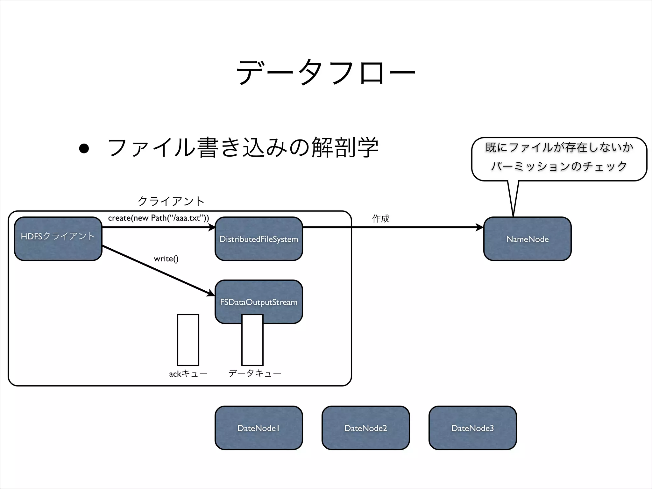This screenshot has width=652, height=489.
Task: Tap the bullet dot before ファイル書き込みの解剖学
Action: pyautogui.click(x=84, y=148)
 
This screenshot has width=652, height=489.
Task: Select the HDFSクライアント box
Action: pyautogui.click(x=58, y=239)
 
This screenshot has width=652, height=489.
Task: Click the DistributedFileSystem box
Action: pyautogui.click(x=259, y=239)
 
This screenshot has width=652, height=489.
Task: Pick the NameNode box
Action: pyautogui.click(x=527, y=239)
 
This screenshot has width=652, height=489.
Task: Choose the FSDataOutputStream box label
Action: pyautogui.click(x=259, y=302)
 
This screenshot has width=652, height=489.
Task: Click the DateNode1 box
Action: pyautogui.click(x=259, y=428)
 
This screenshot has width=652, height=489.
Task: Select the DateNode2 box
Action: pyautogui.click(x=365, y=428)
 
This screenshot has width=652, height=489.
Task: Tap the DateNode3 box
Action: pyautogui.click(x=472, y=428)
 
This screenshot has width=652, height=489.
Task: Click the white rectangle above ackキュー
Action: pyautogui.click(x=188, y=340)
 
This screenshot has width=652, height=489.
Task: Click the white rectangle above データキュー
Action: pyautogui.click(x=252, y=344)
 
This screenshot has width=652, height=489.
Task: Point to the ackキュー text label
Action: pyautogui.click(x=188, y=373)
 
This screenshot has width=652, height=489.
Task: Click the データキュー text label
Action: pyautogui.click(x=255, y=373)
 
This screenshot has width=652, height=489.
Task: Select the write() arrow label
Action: pyautogui.click(x=166, y=259)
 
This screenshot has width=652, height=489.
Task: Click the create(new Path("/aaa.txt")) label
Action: pyautogui.click(x=158, y=218)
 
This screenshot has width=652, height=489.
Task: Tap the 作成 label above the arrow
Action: pyautogui.click(x=381, y=218)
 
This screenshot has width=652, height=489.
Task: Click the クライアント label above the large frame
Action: pyautogui.click(x=171, y=201)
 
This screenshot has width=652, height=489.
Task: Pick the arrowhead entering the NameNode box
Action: pyautogui.click(x=480, y=227)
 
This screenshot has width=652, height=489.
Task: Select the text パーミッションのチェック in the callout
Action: pyautogui.click(x=559, y=166)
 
